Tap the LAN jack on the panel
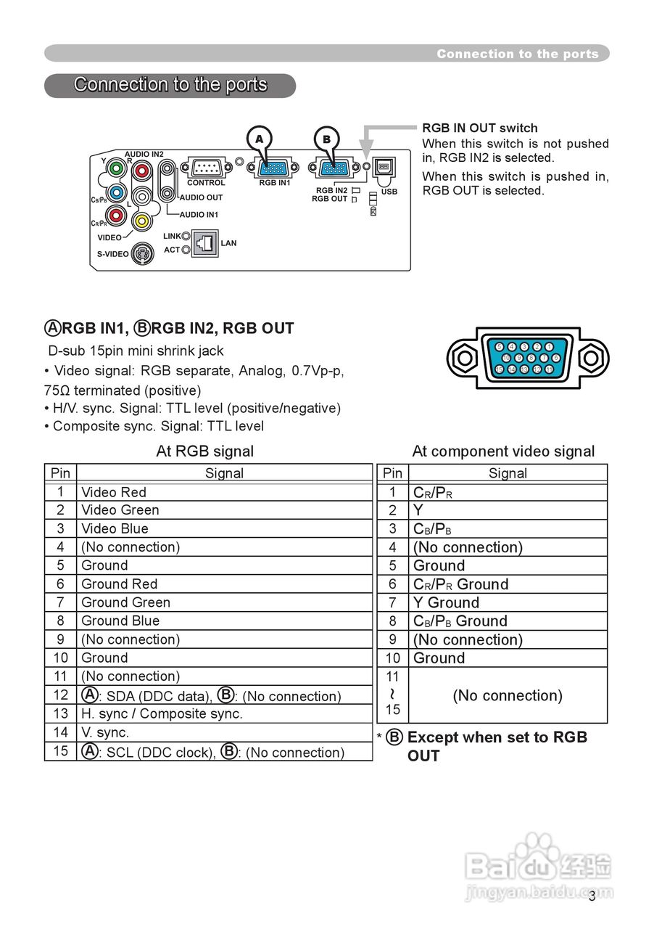tap(207, 242)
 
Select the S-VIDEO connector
tap(142, 254)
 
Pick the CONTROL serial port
tap(207, 168)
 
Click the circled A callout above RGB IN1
tap(259, 139)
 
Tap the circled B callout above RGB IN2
tap(326, 139)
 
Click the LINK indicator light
tap(186, 236)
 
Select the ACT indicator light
tap(186, 250)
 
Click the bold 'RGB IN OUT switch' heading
tap(480, 128)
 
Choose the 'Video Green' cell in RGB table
tap(120, 510)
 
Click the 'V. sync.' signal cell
tap(105, 732)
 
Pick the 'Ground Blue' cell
tap(120, 621)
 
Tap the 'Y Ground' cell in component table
tap(446, 602)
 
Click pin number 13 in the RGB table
tap(60, 713)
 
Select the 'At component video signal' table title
tap(503, 451)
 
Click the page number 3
tap(592, 896)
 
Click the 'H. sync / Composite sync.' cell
tap(162, 713)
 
